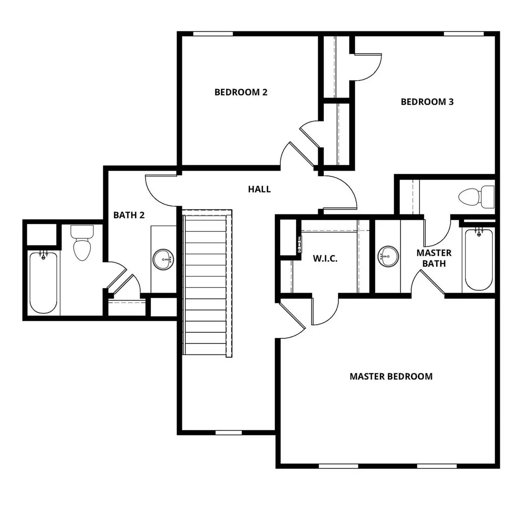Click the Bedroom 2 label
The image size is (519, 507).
(241, 92)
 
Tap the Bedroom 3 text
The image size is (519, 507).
(427, 102)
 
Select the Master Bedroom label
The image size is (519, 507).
(391, 376)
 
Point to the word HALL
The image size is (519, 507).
(259, 189)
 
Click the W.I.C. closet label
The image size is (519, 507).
(325, 259)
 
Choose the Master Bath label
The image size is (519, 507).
(434, 258)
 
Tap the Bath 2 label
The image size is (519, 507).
(129, 215)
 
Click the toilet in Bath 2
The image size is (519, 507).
(82, 243)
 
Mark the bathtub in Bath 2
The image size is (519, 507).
(43, 282)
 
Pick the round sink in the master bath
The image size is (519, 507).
(388, 256)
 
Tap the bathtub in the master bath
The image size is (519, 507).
(479, 260)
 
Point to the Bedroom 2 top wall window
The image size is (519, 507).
(212, 34)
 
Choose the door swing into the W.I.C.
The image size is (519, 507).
(325, 312)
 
